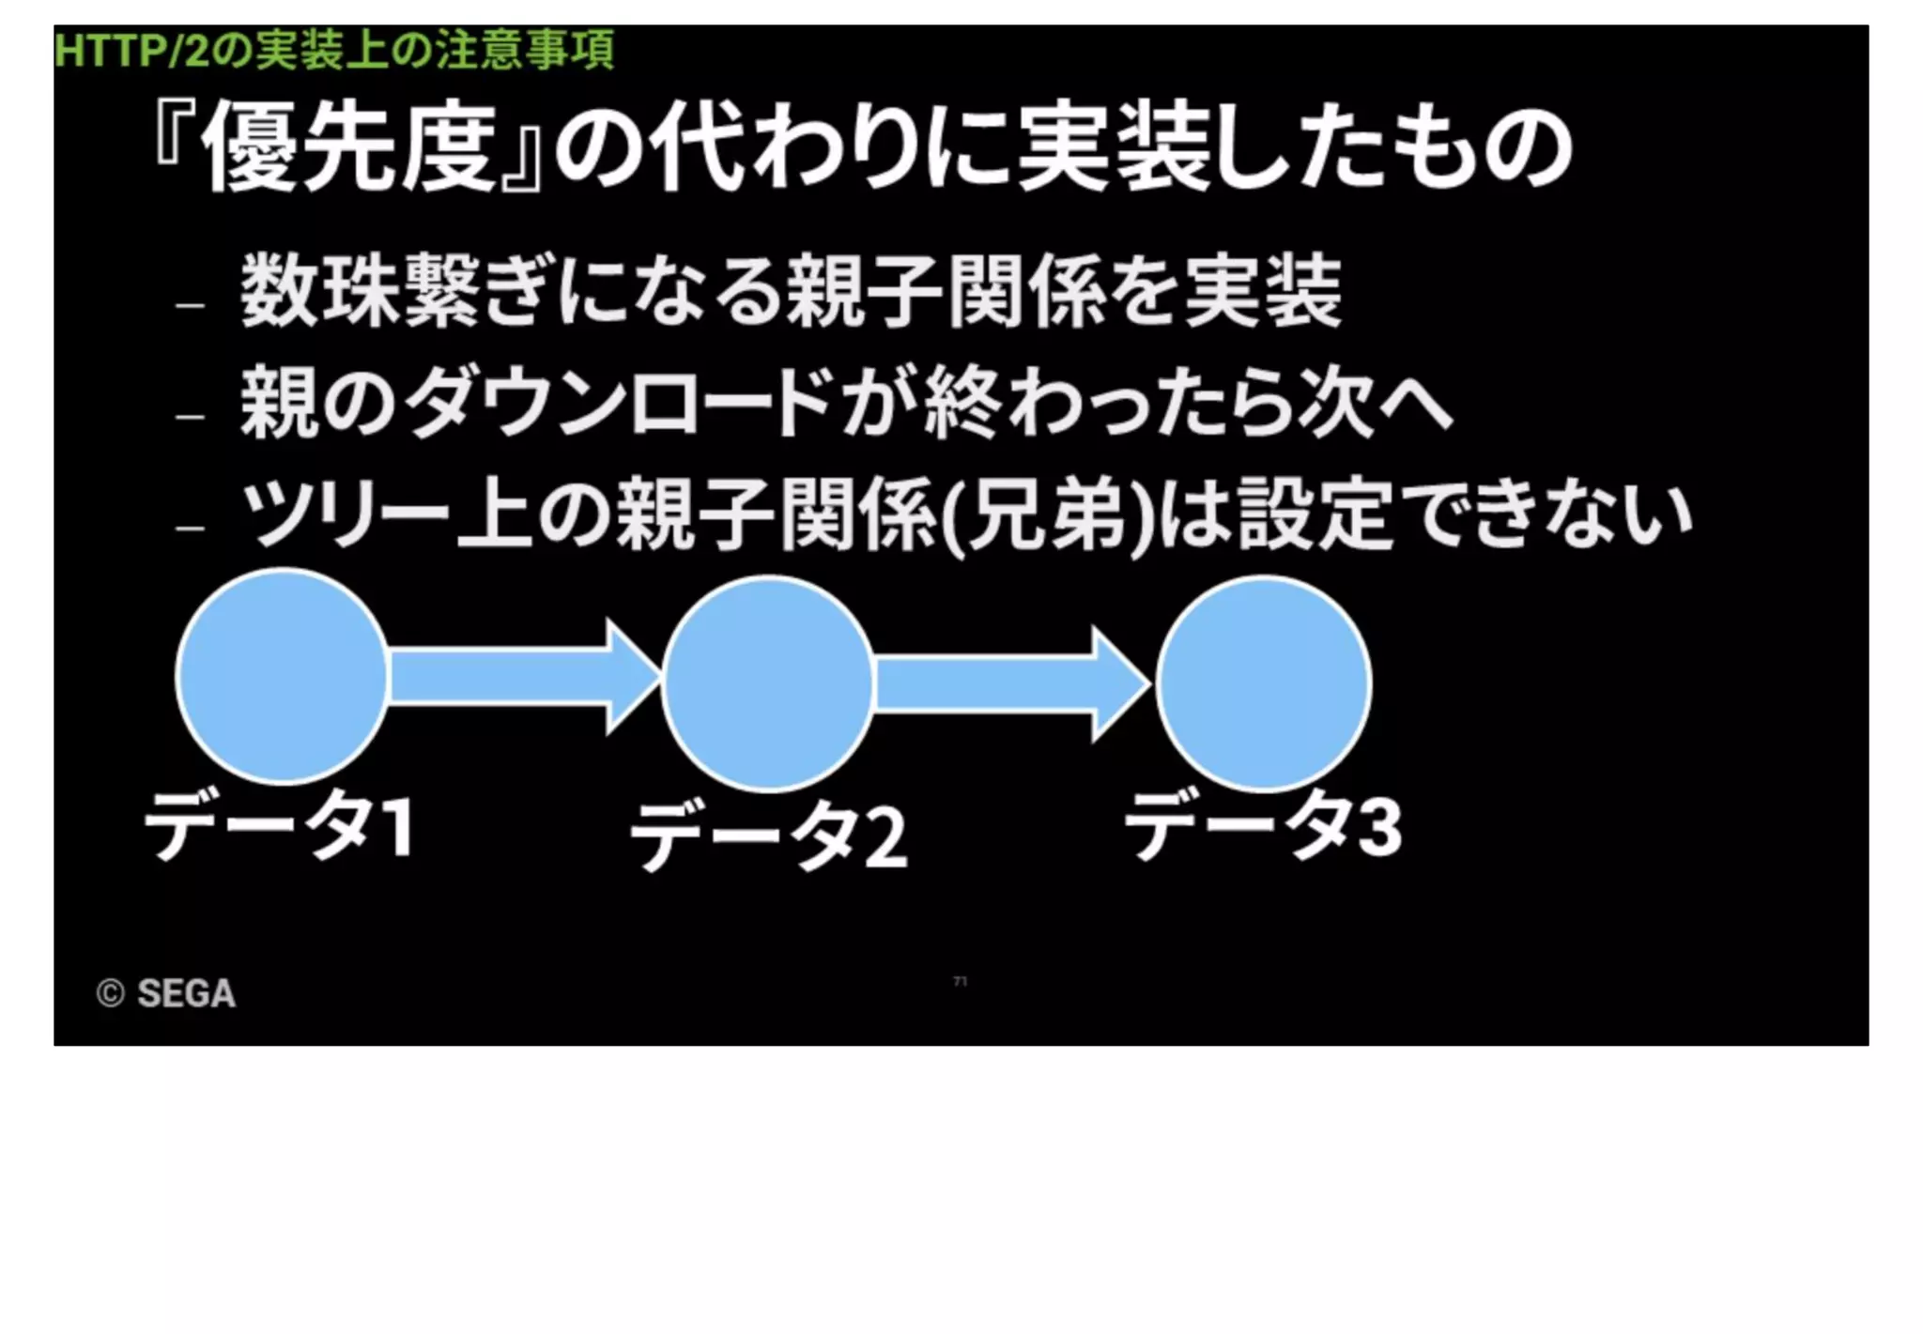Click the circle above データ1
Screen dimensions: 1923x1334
click(282, 676)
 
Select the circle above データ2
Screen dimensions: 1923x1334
click(768, 683)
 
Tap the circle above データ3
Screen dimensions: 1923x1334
click(1264, 683)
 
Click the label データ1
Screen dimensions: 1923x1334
click(279, 826)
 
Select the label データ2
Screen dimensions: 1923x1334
click(768, 836)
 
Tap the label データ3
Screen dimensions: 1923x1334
click(1263, 826)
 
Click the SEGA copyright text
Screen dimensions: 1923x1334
click(166, 993)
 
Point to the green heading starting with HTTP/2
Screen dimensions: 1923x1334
click(333, 50)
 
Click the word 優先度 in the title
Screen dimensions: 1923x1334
click(348, 148)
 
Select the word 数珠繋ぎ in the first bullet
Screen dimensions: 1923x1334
click(394, 290)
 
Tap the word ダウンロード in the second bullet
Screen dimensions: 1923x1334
click(620, 404)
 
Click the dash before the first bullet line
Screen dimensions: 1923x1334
click(189, 304)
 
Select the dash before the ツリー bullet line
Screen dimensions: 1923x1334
click(189, 528)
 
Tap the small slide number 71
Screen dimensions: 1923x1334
click(960, 981)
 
